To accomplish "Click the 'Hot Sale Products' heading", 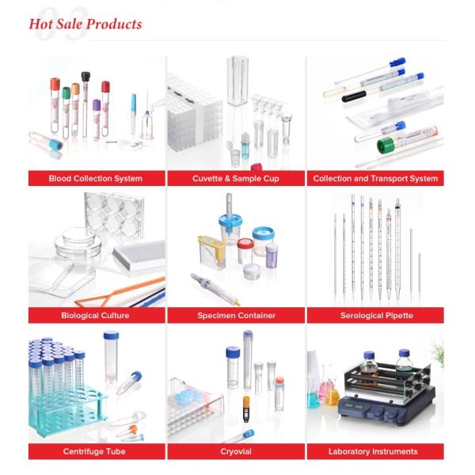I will (x=85, y=24).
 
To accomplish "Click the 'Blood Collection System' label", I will (x=97, y=179).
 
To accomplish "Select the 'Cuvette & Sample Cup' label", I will (x=236, y=179).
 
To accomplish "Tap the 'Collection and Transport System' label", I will (x=375, y=179).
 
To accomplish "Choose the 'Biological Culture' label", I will (x=95, y=316).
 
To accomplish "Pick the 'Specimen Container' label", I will (x=236, y=316).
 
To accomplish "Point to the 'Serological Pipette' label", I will (x=375, y=316).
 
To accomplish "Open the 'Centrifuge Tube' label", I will (x=95, y=452).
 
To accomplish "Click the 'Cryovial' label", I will (x=236, y=452).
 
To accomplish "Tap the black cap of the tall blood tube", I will (x=85, y=77).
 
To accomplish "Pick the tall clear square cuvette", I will (x=238, y=79).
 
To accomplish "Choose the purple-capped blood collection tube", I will (x=97, y=104).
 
